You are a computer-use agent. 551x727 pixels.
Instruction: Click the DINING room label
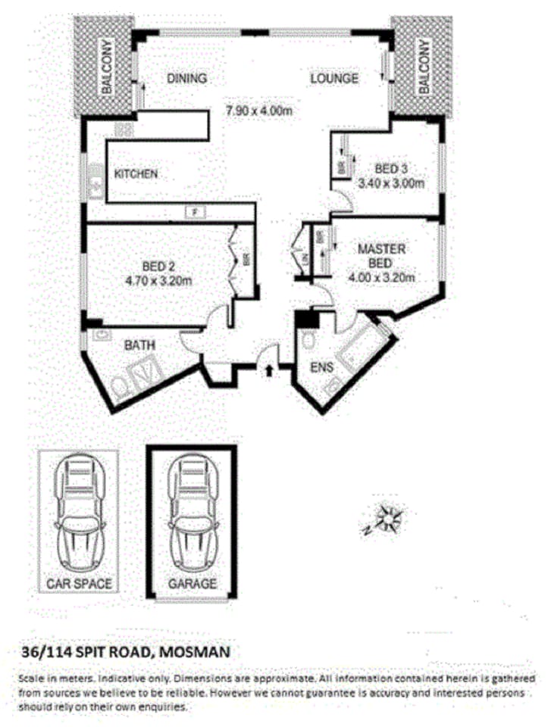[186, 79]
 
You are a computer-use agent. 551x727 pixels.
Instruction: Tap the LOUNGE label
[333, 79]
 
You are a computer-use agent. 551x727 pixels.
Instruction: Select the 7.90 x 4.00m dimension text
[259, 111]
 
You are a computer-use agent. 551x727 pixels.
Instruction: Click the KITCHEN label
[136, 174]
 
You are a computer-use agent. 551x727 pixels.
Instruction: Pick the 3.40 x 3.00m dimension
[391, 183]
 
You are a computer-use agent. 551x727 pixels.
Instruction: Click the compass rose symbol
[390, 519]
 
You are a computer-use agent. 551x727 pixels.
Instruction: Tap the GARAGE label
[193, 584]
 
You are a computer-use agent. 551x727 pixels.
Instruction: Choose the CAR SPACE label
[80, 583]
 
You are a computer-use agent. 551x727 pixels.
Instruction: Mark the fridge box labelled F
[195, 212]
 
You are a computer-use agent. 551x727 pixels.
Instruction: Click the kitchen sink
[96, 181]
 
